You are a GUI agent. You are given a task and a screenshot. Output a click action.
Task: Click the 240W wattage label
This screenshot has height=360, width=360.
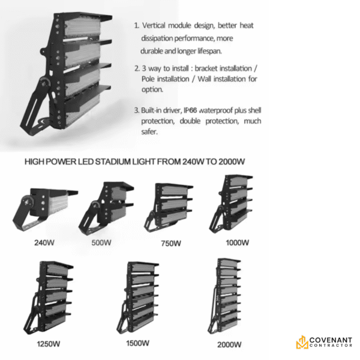(44, 242)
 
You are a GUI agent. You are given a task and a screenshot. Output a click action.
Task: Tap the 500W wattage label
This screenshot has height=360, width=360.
(101, 242)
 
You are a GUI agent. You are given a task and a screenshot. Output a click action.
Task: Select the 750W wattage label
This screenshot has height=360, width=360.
(171, 243)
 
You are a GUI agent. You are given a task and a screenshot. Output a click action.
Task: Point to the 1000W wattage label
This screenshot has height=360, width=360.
(237, 242)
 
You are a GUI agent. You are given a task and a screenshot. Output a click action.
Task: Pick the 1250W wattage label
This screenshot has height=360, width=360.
(49, 344)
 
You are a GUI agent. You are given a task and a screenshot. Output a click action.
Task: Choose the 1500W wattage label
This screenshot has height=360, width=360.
(138, 343)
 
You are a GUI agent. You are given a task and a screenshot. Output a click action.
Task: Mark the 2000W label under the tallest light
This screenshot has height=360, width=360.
(229, 344)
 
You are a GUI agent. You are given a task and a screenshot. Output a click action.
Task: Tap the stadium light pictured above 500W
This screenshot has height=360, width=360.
(106, 208)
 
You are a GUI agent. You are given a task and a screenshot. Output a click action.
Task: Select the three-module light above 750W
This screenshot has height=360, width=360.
(169, 208)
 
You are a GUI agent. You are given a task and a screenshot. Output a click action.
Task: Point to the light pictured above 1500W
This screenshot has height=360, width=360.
(138, 298)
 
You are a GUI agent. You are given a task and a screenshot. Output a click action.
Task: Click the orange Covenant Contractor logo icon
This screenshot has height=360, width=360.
(302, 342)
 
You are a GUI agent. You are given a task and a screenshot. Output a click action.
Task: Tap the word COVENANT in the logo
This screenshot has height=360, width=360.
(331, 340)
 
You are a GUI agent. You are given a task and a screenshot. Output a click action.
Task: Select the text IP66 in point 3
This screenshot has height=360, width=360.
(190, 110)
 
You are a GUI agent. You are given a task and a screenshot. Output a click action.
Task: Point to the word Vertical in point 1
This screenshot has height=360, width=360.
(154, 25)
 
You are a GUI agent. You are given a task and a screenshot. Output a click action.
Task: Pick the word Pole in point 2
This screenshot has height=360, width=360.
(148, 79)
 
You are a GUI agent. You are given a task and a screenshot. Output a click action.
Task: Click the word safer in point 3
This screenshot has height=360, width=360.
(149, 132)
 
